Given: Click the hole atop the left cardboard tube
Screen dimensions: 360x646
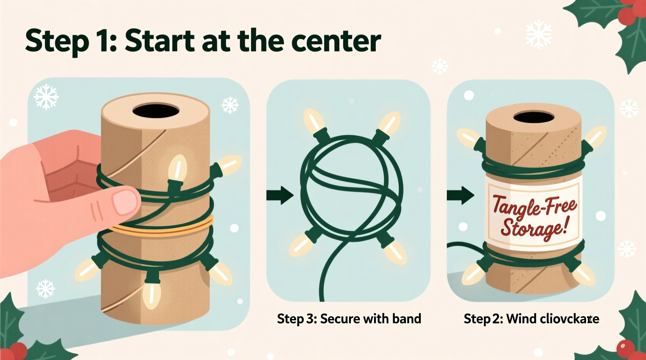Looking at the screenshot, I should click(x=156, y=111).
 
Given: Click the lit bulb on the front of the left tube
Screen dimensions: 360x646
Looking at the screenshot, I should click(x=177, y=169).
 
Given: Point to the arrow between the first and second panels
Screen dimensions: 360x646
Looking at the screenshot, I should click(x=280, y=195).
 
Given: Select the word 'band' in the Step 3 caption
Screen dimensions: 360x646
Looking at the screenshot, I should click(x=406, y=319).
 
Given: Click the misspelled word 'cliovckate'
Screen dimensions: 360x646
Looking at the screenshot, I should click(x=570, y=319).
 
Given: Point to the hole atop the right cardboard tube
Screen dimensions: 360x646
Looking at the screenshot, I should click(x=533, y=117).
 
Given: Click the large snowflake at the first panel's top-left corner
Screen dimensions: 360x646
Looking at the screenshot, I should click(x=46, y=96).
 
